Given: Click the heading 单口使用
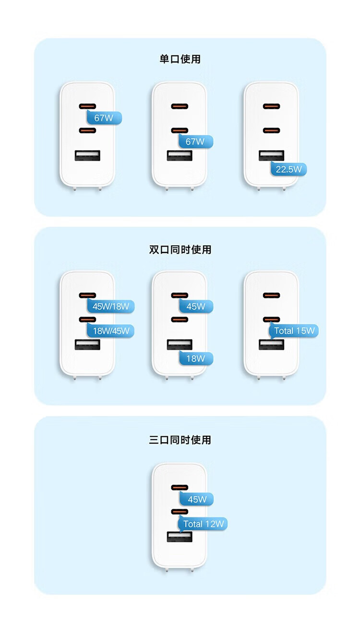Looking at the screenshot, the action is click(x=180, y=59).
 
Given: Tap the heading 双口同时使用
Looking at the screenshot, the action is click(x=180, y=250).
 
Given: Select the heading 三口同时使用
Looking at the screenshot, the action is click(x=180, y=440).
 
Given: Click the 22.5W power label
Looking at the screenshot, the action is click(x=288, y=169).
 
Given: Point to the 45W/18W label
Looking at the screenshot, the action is click(x=111, y=306).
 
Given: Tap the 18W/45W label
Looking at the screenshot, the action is click(x=111, y=331).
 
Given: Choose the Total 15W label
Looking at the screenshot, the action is click(x=294, y=331).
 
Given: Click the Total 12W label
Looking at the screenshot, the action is click(x=203, y=524).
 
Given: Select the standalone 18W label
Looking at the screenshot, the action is click(x=196, y=359).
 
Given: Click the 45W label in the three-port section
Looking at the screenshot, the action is click(x=197, y=499).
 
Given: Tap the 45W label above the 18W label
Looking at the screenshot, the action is click(x=196, y=306).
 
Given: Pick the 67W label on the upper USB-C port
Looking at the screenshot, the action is click(x=104, y=118).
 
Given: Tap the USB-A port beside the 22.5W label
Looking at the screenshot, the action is click(x=271, y=156).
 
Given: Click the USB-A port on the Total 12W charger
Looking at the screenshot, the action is click(x=180, y=537).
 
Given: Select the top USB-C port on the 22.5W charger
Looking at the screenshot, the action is click(x=271, y=106).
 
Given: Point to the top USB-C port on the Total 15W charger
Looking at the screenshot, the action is click(x=271, y=295).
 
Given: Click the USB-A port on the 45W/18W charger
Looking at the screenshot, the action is click(x=87, y=345).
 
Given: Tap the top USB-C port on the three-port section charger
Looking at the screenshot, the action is click(x=180, y=487).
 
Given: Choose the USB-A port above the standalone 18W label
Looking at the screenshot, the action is click(x=180, y=345).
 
